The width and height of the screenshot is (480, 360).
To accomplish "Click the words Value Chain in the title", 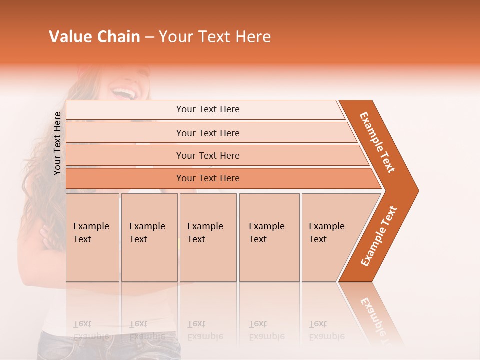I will [x=94, y=37].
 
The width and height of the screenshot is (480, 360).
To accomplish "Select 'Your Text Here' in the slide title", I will [x=215, y=37].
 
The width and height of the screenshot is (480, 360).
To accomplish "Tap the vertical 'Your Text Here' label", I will [x=57, y=143].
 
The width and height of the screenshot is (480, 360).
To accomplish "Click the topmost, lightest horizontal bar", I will [x=207, y=109].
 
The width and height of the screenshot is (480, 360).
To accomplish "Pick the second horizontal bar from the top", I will [x=207, y=133].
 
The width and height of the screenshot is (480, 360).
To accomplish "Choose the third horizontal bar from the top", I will [x=207, y=156].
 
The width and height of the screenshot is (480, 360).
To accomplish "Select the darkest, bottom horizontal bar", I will [x=207, y=178].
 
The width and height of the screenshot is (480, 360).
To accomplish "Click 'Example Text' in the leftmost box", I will [x=91, y=233].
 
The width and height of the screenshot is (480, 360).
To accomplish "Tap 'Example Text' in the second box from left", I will [x=147, y=233].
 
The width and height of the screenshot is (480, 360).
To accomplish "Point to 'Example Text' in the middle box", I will [x=205, y=233].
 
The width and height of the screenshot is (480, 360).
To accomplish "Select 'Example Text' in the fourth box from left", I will [x=266, y=233].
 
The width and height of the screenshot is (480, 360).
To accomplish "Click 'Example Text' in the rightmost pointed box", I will [x=326, y=233].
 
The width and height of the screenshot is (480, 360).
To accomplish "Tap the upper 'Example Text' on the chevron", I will [x=377, y=142].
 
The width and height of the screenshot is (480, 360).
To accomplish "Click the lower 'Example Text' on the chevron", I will [x=379, y=236].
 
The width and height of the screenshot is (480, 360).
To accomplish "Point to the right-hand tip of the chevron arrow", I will [x=417, y=190].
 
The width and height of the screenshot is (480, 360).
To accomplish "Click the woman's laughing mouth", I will [x=123, y=92].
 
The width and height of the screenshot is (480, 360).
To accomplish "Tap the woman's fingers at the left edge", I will [x=46, y=235].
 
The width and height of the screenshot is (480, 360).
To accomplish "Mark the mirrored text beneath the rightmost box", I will [x=326, y=330].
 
